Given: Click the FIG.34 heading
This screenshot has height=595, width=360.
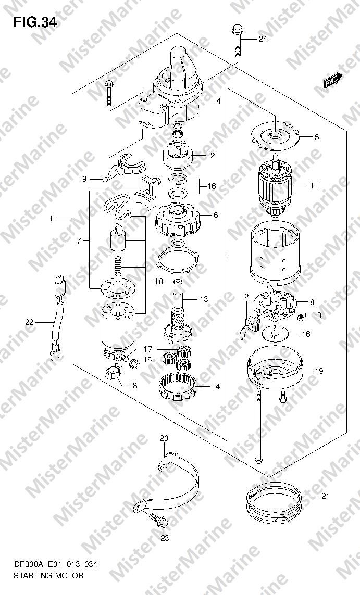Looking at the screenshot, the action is click(35, 23).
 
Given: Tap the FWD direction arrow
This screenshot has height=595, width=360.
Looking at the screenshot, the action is click(333, 80).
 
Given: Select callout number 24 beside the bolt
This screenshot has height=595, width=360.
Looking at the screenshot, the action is click(263, 39).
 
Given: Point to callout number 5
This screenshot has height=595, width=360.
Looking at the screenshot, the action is click(317, 137).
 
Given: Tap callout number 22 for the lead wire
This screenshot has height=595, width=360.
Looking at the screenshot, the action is click(29, 322).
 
